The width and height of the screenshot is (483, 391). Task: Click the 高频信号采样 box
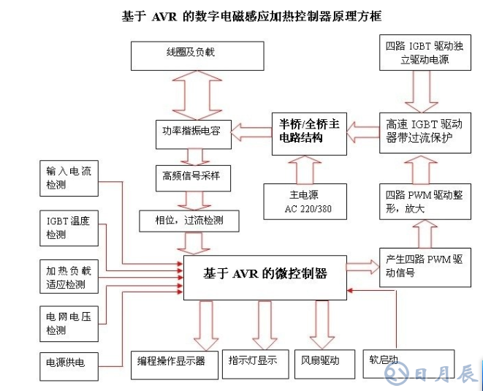coord(191,176)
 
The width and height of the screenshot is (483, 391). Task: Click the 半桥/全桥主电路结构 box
coord(306,132)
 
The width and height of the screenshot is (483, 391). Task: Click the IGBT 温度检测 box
coord(70,227)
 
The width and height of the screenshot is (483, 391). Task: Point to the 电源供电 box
coord(70,362)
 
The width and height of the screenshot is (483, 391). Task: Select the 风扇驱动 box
coord(321,361)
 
